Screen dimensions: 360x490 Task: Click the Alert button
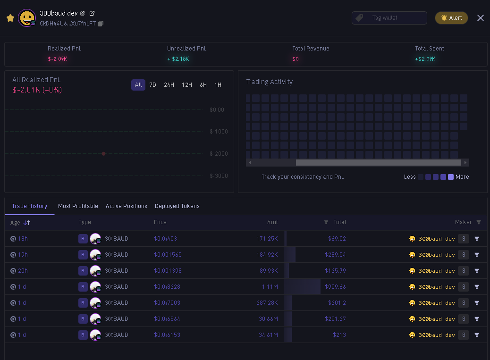pyautogui.click(x=451, y=18)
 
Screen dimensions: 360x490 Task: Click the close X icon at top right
pyautogui.click(x=480, y=18)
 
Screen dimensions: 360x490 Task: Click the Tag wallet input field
pyautogui.click(x=389, y=18)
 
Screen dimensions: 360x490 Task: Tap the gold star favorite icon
pyautogui.click(x=10, y=18)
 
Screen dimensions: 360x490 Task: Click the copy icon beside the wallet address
pyautogui.click(x=101, y=24)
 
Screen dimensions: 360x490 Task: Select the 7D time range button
pyautogui.click(x=152, y=85)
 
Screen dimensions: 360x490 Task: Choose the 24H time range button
pyautogui.click(x=169, y=85)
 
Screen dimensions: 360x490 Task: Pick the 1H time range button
pyautogui.click(x=218, y=85)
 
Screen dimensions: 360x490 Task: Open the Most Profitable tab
pyautogui.click(x=78, y=206)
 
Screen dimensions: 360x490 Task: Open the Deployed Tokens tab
pyautogui.click(x=177, y=206)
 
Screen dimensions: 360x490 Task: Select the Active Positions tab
pyautogui.click(x=127, y=206)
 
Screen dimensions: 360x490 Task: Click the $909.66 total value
pyautogui.click(x=335, y=287)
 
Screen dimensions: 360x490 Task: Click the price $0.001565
pyautogui.click(x=168, y=255)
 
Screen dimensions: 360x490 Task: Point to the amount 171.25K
pyautogui.click(x=267, y=239)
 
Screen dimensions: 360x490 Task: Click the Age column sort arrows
pyautogui.click(x=27, y=223)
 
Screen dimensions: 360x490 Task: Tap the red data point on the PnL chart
pyautogui.click(x=104, y=154)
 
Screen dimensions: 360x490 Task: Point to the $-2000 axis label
pyautogui.click(x=219, y=154)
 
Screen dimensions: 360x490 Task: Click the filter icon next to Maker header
pyautogui.click(x=479, y=222)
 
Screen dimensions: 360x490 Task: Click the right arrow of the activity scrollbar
pyautogui.click(x=465, y=163)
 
